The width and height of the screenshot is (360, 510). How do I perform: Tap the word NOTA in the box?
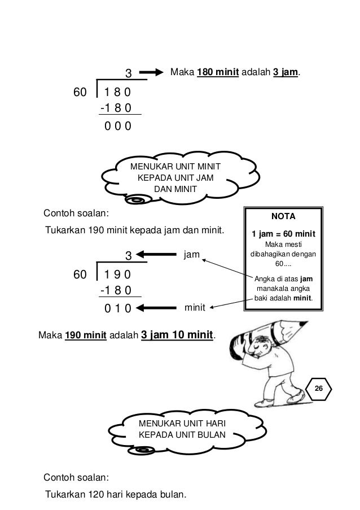[284, 216]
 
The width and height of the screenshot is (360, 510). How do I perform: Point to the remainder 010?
[118, 308]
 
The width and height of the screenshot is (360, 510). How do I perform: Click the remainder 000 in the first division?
[118, 126]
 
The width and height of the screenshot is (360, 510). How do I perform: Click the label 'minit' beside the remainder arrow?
[194, 308]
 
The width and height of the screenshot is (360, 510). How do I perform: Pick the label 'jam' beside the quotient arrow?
[192, 255]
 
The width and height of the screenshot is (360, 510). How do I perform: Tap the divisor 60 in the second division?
[82, 275]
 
